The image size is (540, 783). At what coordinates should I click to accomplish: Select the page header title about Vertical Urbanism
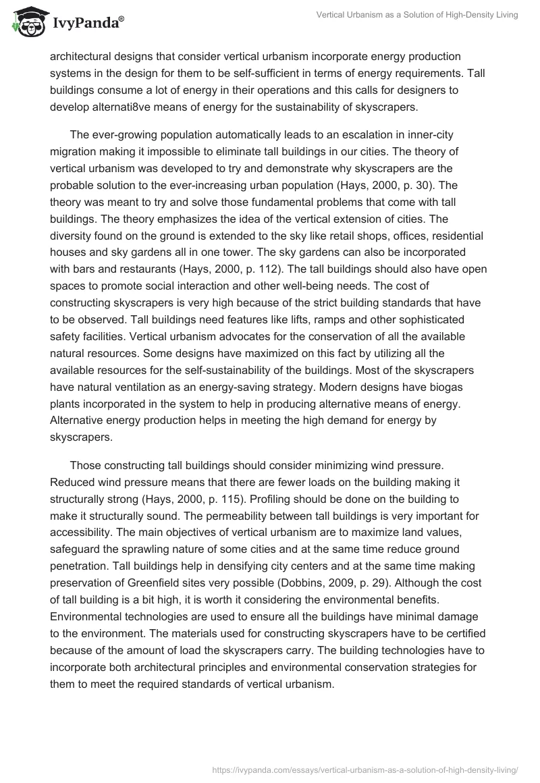[x=417, y=15]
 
